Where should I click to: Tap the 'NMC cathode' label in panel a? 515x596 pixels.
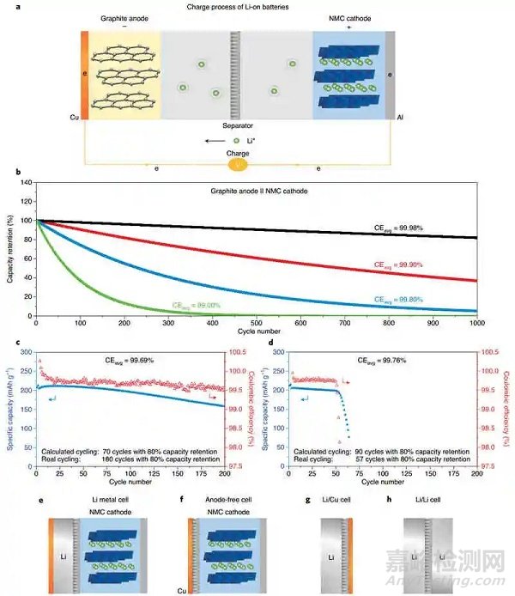click(349, 20)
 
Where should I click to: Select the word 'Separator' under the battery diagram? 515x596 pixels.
click(233, 125)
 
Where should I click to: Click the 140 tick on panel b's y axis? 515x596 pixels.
click(24, 182)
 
